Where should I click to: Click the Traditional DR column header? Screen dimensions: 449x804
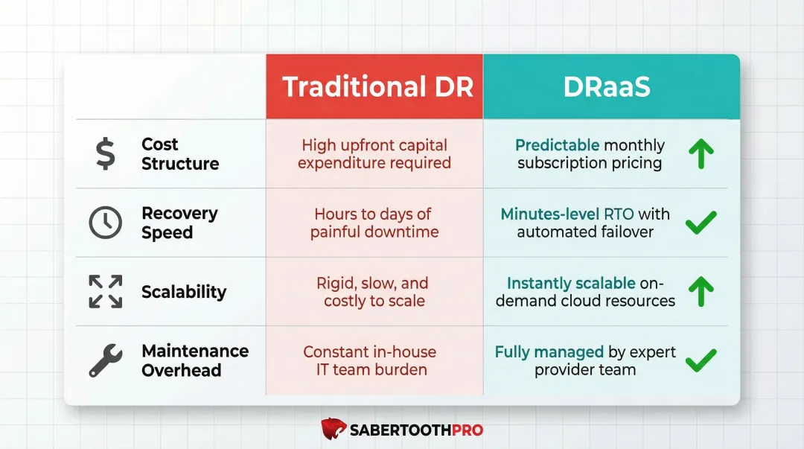coord(377,87)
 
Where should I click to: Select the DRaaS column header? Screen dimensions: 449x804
coord(607,87)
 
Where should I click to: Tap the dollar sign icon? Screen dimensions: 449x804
coord(105,154)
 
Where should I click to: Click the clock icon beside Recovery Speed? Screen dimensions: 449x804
coord(105,223)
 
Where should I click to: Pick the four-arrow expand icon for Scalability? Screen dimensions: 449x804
coord(105,291)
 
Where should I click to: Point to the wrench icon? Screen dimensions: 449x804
coord(105,360)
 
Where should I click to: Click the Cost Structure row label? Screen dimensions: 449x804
coord(180,154)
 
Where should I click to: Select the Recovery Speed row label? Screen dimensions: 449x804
coord(179,223)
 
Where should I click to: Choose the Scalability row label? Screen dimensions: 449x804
coord(184,292)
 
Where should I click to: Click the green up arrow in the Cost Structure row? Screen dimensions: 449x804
coord(701,154)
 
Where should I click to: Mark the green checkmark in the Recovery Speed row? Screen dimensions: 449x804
coord(701,223)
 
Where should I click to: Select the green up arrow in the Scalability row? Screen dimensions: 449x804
coord(701,292)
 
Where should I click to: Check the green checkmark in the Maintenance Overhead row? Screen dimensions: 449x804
coord(701,360)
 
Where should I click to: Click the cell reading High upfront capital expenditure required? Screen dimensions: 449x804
coord(374,154)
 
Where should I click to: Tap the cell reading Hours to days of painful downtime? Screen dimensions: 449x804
coord(374,223)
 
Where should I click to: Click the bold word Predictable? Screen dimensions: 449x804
coord(557,145)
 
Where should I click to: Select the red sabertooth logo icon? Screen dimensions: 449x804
coord(334,429)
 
